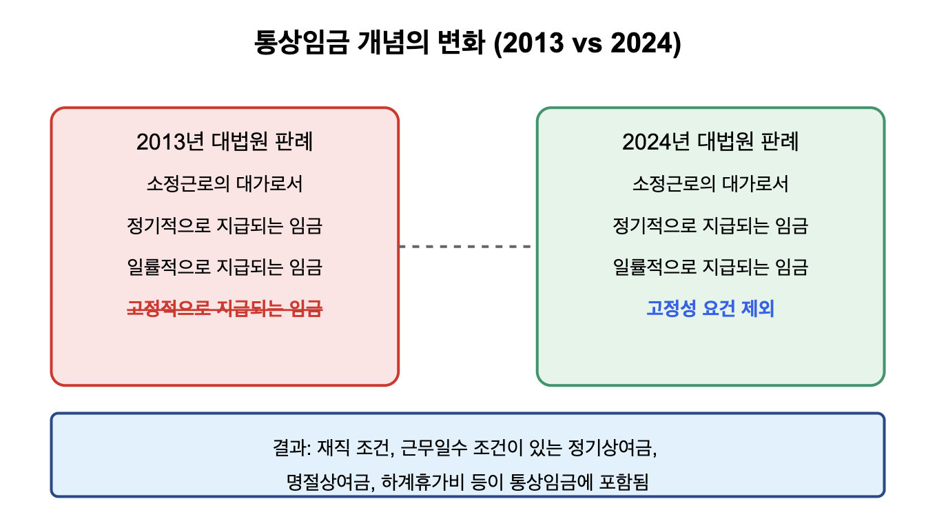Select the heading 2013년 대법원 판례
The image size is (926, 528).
point(225,142)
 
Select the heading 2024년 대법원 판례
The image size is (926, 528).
point(710,142)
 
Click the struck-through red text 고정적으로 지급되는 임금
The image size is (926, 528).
point(225,309)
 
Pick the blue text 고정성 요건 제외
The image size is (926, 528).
point(710,309)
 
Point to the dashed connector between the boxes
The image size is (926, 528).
point(467,246)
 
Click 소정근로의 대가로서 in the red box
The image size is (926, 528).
point(225,184)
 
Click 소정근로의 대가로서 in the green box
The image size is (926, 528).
point(710,184)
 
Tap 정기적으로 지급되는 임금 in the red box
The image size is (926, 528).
point(225,225)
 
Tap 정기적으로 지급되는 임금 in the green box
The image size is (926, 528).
point(710,225)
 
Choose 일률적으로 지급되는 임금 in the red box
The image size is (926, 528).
point(225,267)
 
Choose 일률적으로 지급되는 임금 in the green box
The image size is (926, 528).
point(710,267)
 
